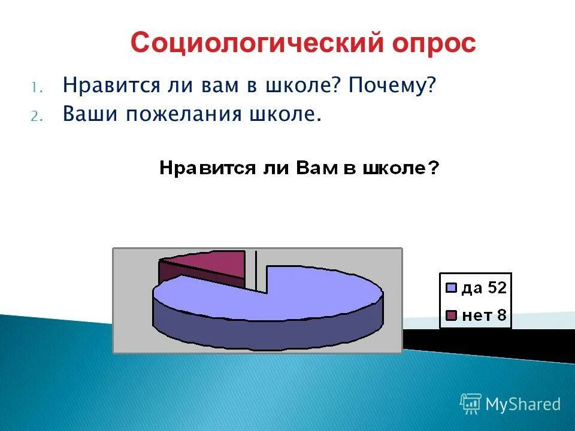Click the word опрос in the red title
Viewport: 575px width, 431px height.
click(432, 44)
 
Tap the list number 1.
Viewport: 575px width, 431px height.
click(35, 87)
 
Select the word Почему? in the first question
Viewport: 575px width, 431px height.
click(393, 86)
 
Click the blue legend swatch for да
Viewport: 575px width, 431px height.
click(452, 289)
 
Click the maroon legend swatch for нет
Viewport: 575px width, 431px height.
click(452, 315)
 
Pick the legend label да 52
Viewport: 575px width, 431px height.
click(484, 288)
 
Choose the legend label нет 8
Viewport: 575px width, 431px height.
click(484, 315)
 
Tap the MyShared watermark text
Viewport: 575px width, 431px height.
click(523, 405)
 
